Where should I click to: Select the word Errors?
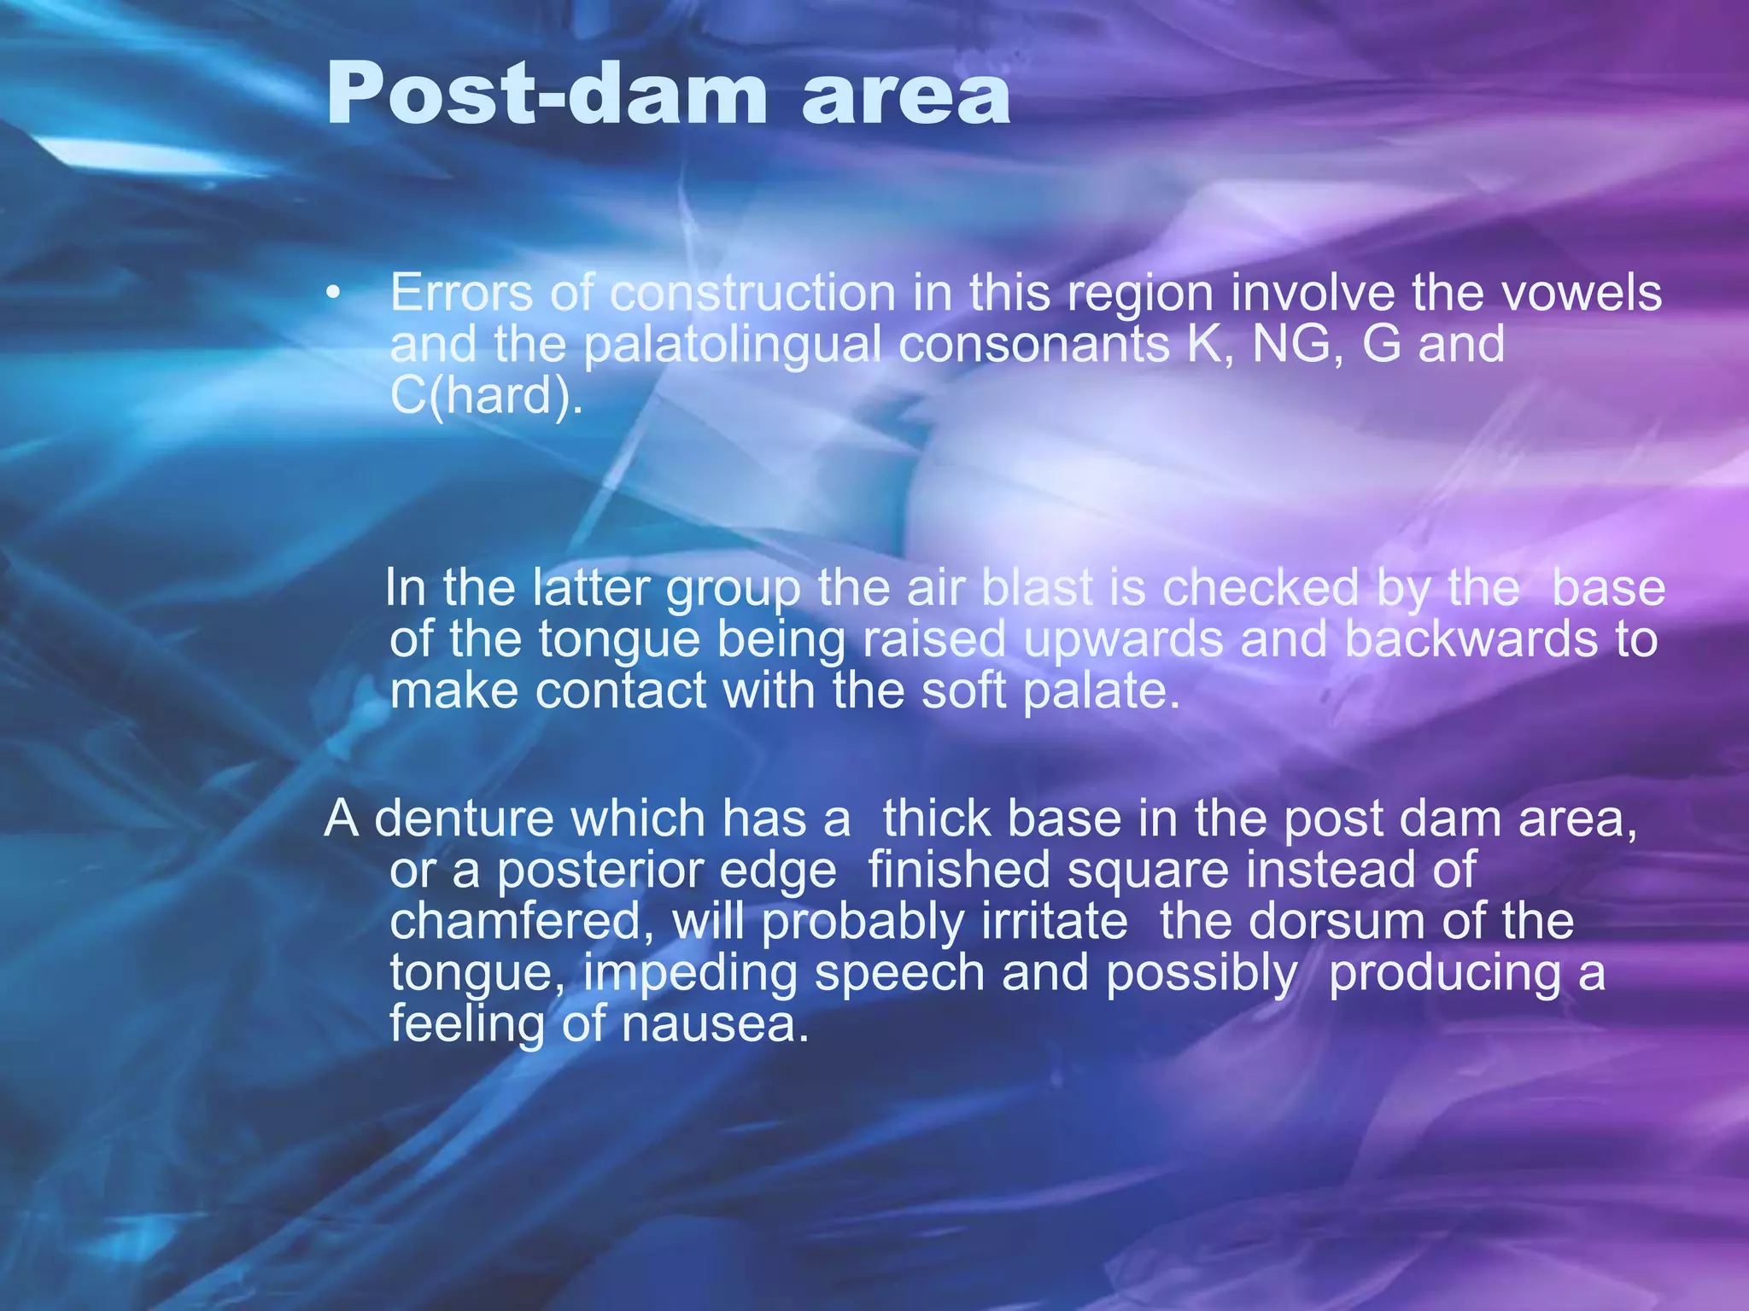(x=461, y=293)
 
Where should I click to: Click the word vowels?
(x=1582, y=293)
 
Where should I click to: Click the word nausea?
(x=714, y=1024)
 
